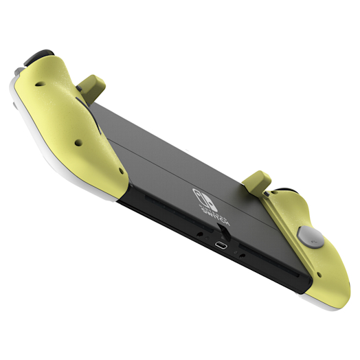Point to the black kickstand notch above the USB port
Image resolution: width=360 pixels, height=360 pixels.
(218, 232)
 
